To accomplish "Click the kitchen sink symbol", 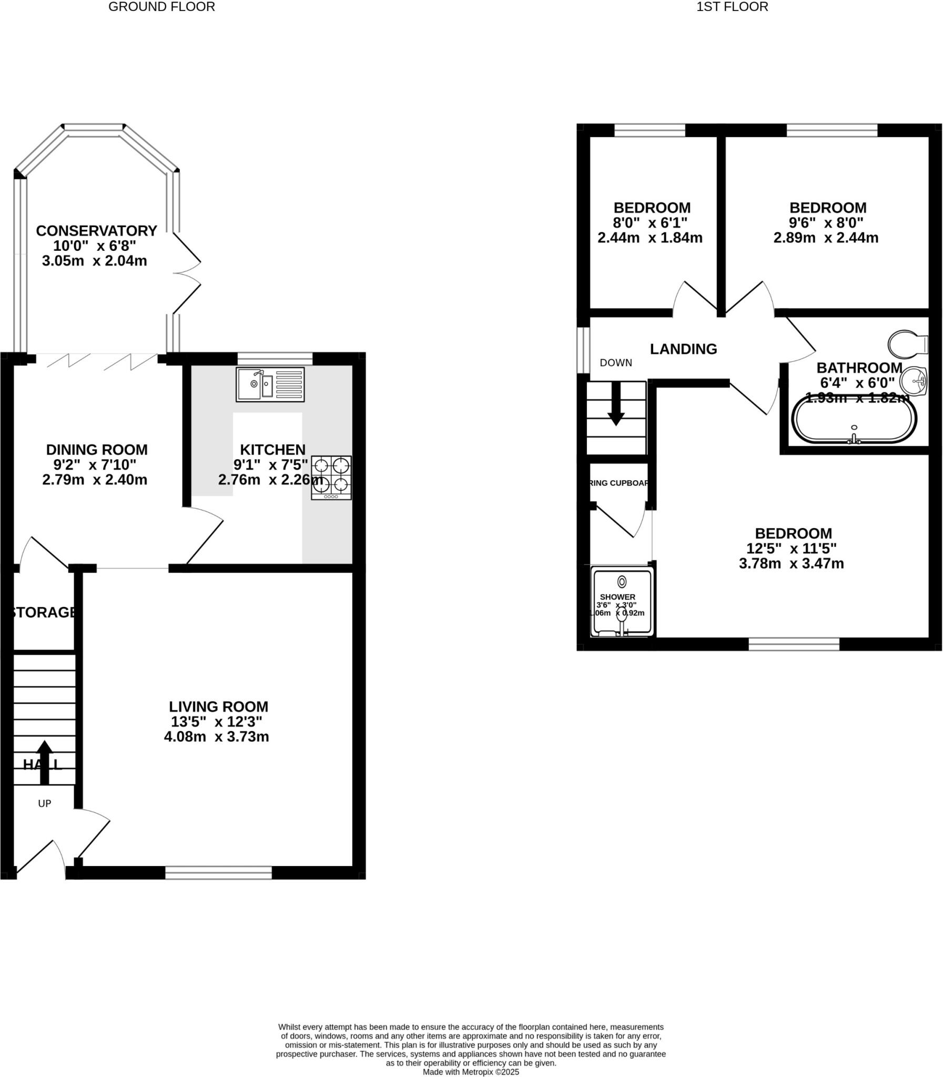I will pos(270,384).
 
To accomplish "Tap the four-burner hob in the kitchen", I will pos(331,477).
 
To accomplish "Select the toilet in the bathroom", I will pos(907,344).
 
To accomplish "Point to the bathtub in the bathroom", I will pos(854,420).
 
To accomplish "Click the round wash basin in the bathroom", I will pos(914,380).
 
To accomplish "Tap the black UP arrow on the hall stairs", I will pos(44,762).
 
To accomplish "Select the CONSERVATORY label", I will pos(96,231).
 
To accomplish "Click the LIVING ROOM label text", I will pos(219,706).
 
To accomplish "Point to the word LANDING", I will pos(683,349).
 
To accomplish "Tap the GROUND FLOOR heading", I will pos(162,7).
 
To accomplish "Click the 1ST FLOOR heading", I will pos(732,7).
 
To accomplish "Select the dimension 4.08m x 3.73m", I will pos(217,736).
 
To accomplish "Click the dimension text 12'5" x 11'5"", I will pos(791,548).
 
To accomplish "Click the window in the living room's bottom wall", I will pos(219,872).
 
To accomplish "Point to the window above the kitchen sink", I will pos(275,359).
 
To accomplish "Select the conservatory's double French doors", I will pos(186,273).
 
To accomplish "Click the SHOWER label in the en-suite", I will pos(617,597).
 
